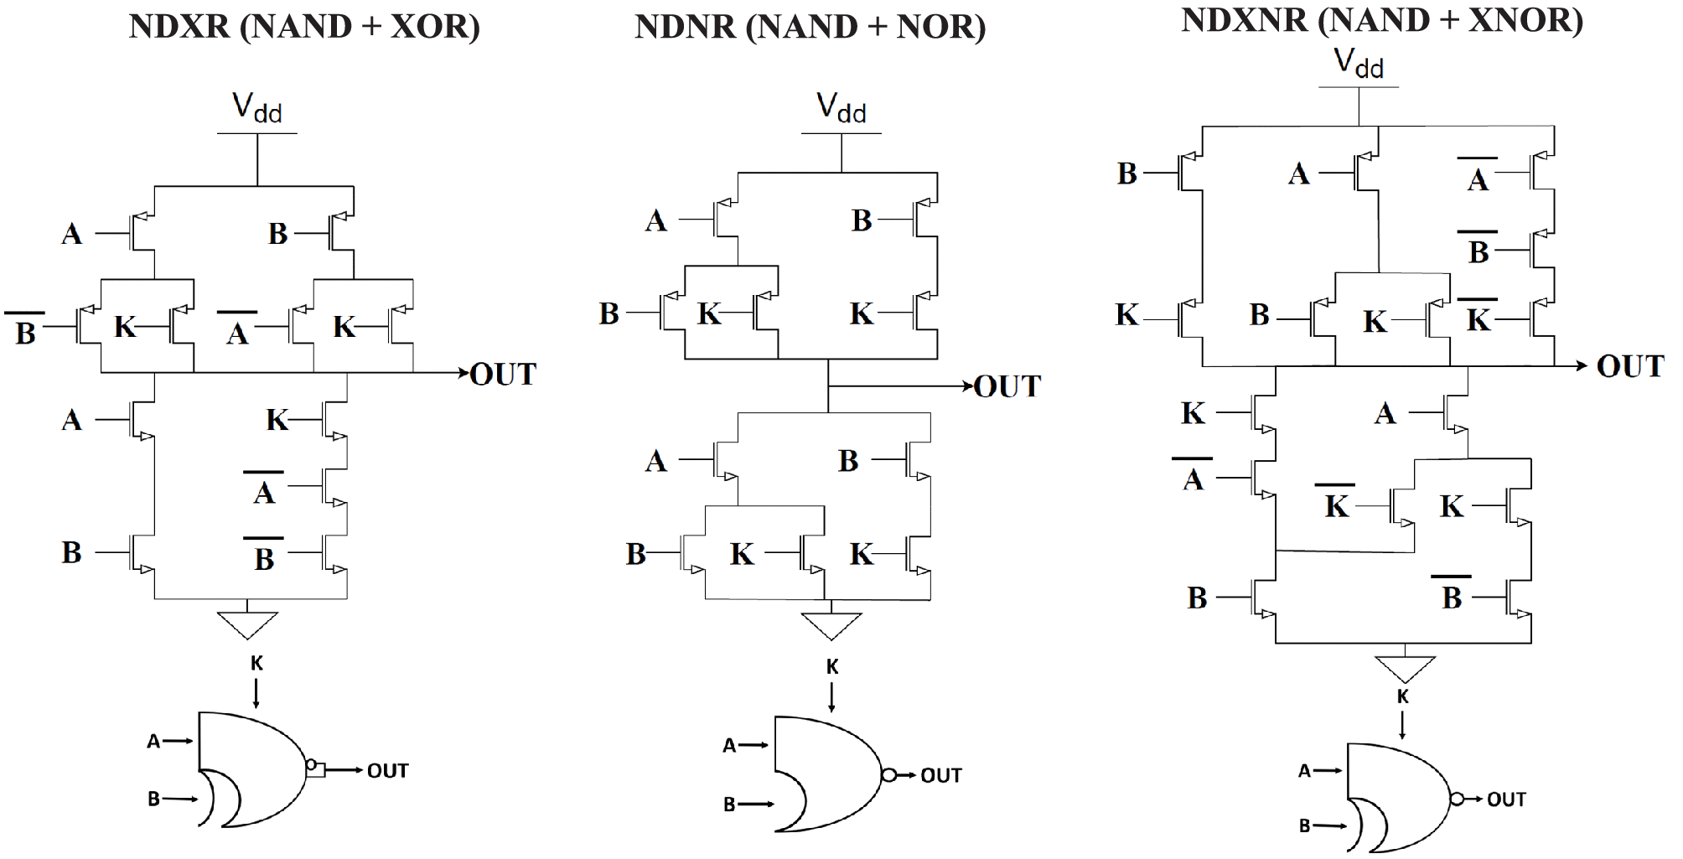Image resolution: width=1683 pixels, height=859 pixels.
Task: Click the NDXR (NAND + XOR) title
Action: pos(304,26)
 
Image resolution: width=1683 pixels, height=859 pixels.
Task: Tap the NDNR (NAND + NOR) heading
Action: pos(810,26)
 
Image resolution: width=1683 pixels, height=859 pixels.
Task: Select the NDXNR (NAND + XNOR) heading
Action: pos(1381,19)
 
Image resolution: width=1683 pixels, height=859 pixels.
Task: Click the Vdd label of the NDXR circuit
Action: pos(256,108)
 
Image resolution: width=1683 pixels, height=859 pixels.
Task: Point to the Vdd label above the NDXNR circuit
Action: pos(1358,63)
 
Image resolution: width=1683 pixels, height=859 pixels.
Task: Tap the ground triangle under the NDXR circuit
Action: pos(247,624)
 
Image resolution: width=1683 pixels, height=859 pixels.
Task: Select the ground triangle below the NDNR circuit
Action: pos(831,625)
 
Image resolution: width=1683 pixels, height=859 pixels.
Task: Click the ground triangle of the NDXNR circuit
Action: pos(1405,668)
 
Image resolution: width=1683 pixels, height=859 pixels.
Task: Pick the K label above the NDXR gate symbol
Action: pos(256,663)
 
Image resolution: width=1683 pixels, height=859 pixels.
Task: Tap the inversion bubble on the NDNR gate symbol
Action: pos(888,775)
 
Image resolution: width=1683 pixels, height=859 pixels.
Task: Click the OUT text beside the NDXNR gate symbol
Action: pos(1506,799)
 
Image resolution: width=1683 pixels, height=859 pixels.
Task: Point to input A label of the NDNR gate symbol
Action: pos(729,745)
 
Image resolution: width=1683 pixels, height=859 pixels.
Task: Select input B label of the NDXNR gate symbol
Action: pos(1304,825)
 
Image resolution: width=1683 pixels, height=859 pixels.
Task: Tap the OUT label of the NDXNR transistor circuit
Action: pos(1629,366)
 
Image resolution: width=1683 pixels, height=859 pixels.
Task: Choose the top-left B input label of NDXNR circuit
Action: pos(1127,173)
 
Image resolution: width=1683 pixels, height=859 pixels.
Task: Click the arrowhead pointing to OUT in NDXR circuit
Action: pos(463,373)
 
